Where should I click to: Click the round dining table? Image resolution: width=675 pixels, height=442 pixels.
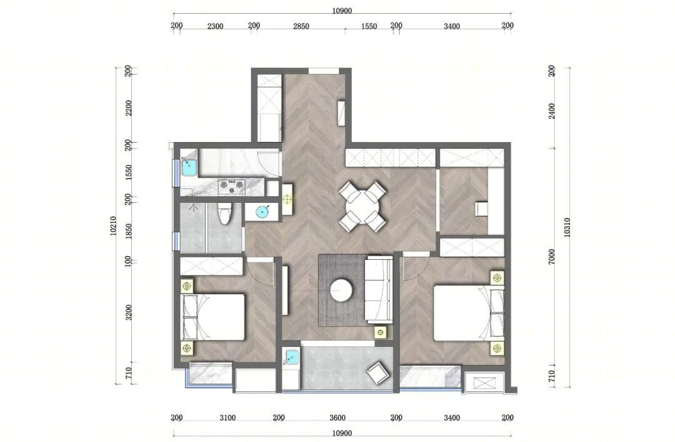click(363, 207)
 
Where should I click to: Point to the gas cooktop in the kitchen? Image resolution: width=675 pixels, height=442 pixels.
click(232, 187)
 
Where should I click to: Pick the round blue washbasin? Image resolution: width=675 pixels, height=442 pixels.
click(262, 212)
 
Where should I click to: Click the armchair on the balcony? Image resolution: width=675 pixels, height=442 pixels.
click(378, 373)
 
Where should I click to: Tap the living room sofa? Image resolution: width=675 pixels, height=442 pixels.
click(379, 290)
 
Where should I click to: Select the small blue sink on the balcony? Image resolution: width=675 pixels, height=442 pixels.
click(292, 357)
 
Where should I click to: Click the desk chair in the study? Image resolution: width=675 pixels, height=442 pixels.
click(481, 209)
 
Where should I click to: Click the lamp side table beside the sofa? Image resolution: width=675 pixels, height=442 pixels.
click(381, 332)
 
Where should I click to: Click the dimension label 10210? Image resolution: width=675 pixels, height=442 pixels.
click(113, 225)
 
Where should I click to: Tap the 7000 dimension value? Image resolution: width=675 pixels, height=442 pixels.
click(552, 257)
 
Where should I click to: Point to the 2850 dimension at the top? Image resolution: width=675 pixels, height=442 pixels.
click(301, 26)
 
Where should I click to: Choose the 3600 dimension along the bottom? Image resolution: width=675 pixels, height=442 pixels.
click(337, 418)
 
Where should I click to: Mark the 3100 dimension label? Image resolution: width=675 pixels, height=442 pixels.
click(227, 418)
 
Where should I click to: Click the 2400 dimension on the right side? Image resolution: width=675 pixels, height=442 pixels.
click(552, 111)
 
